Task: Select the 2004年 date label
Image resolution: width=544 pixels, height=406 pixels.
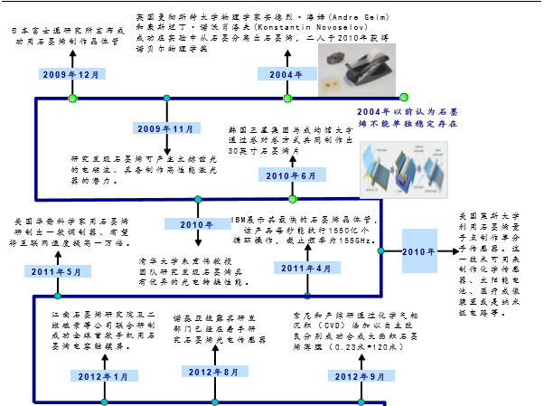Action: point(286,74)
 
